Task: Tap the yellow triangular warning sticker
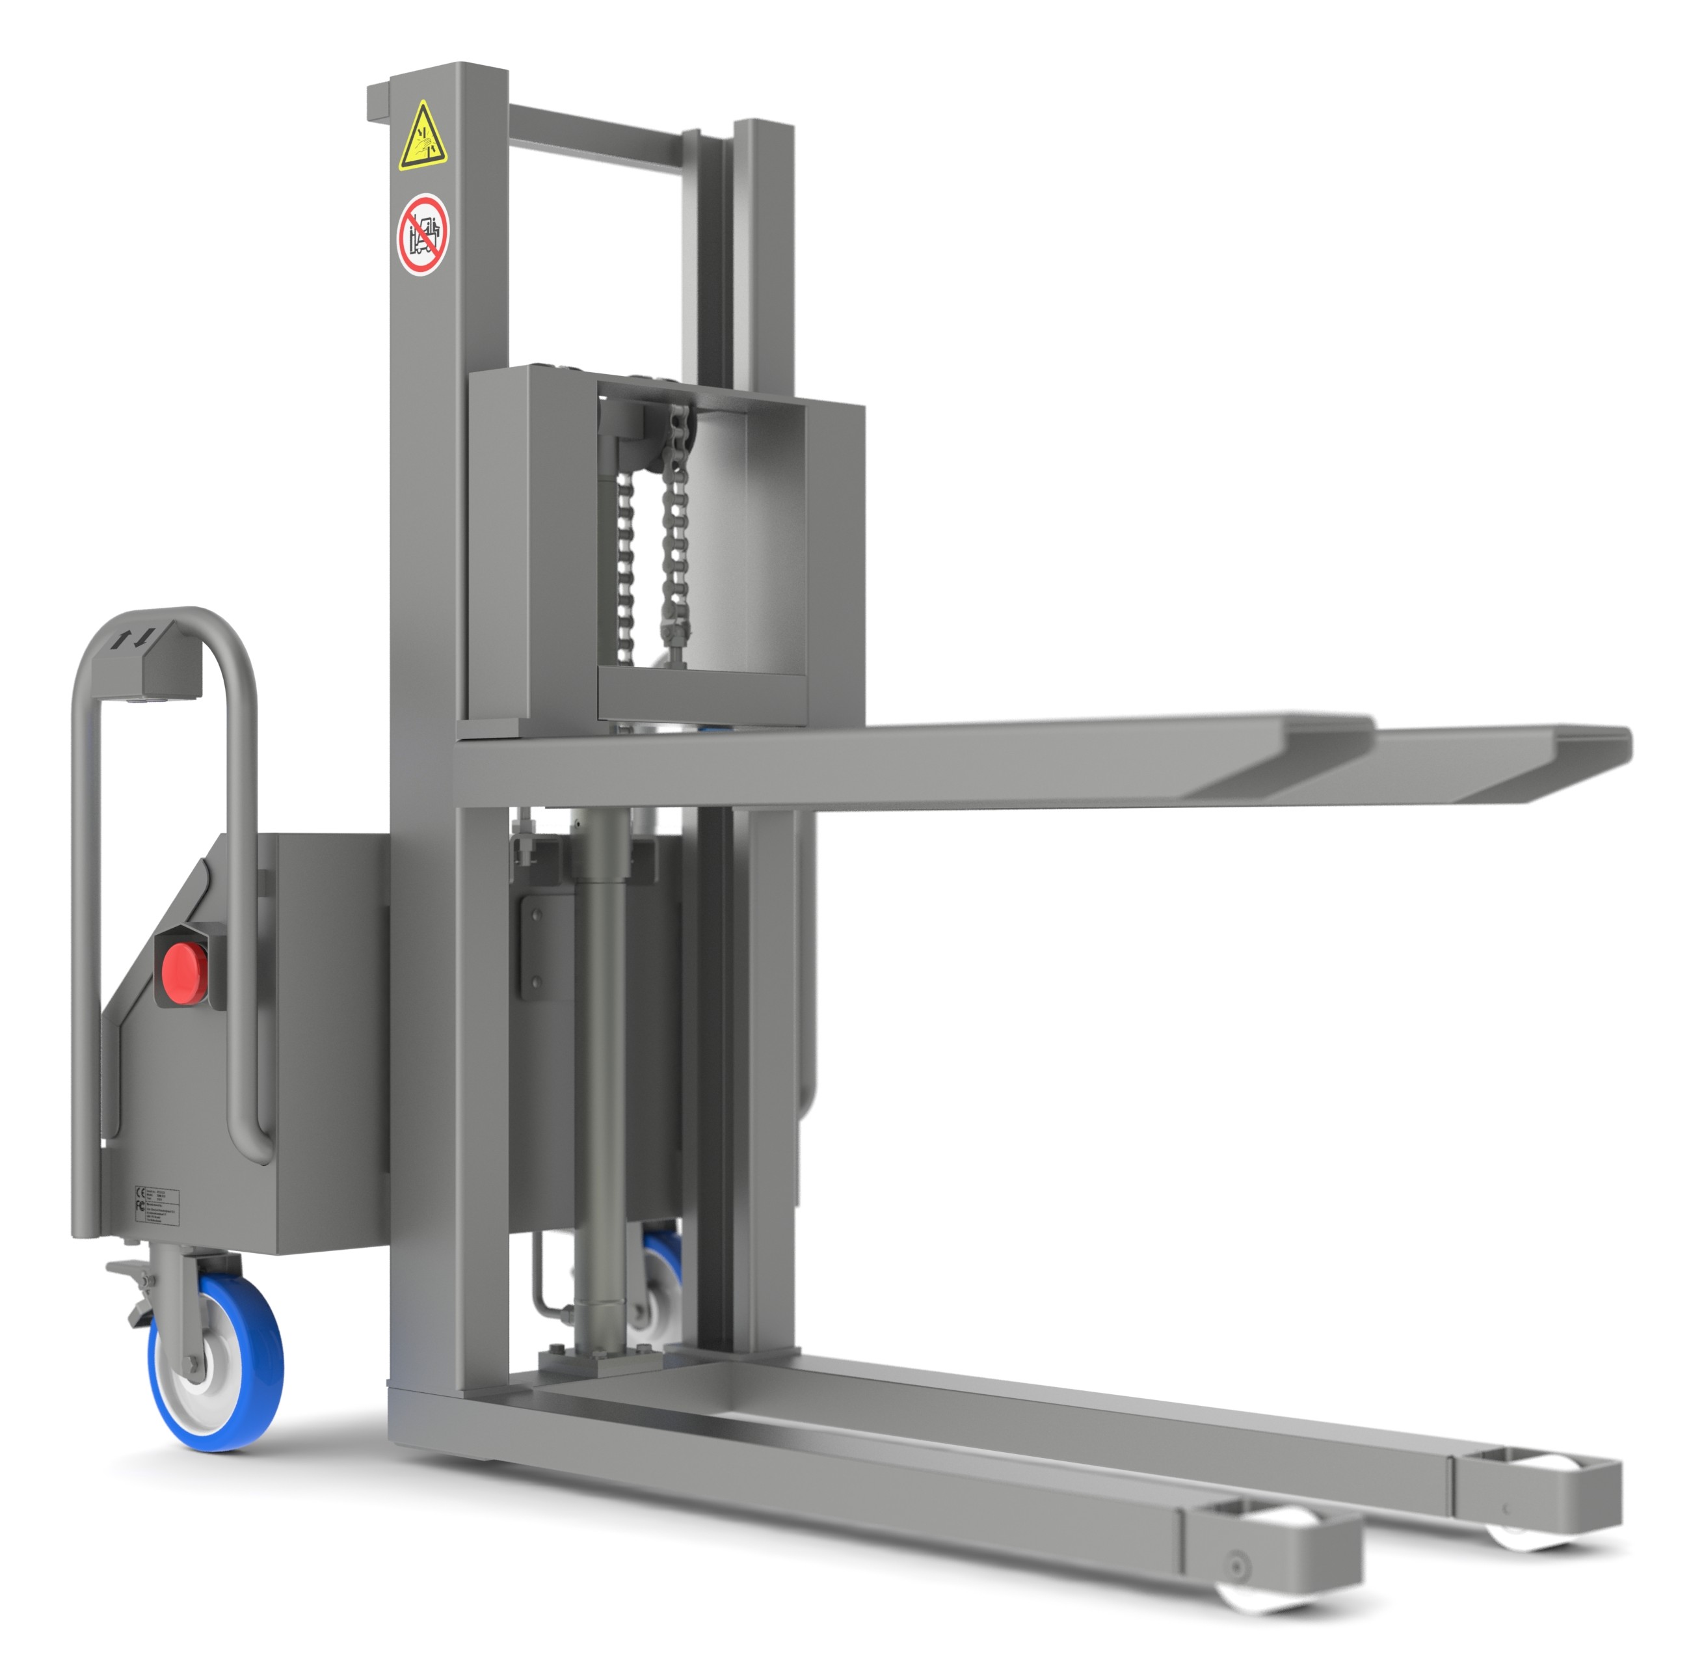[423, 137]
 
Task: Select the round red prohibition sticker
[423, 234]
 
